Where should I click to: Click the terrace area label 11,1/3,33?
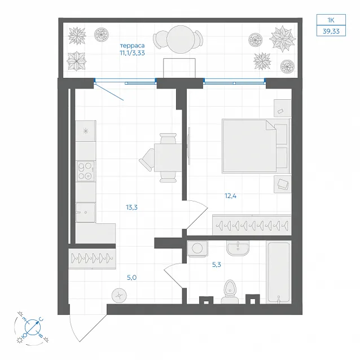tap(132, 53)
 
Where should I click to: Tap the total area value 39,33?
tap(331, 31)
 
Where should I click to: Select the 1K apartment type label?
tap(331, 20)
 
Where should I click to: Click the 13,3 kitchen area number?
tap(131, 207)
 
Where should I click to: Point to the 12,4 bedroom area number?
tap(230, 196)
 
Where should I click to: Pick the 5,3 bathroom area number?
tap(216, 265)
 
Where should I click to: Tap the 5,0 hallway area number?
tap(132, 278)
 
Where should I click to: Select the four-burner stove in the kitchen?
tap(85, 171)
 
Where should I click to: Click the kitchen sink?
tap(85, 212)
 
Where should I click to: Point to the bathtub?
tap(279, 273)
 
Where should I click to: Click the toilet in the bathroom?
tap(230, 292)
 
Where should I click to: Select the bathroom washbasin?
tap(238, 248)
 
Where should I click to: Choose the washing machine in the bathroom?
tap(197, 248)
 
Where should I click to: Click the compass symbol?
tap(32, 327)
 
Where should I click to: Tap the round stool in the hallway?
tap(119, 295)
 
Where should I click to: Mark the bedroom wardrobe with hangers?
tap(252, 225)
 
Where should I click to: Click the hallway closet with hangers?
tap(92, 258)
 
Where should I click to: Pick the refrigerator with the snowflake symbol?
tap(86, 131)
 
